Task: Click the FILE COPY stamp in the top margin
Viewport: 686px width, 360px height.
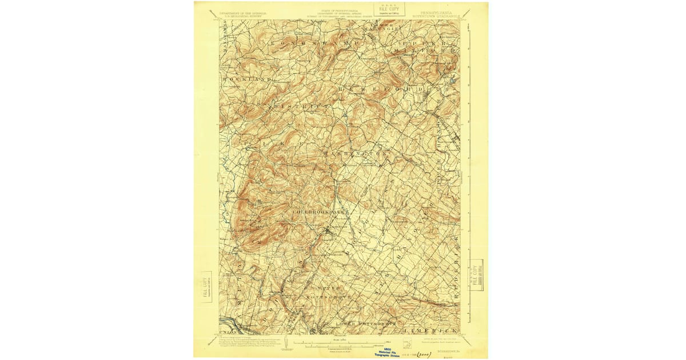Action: tap(389, 9)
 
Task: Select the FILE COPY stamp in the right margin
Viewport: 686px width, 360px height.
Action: tap(476, 275)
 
